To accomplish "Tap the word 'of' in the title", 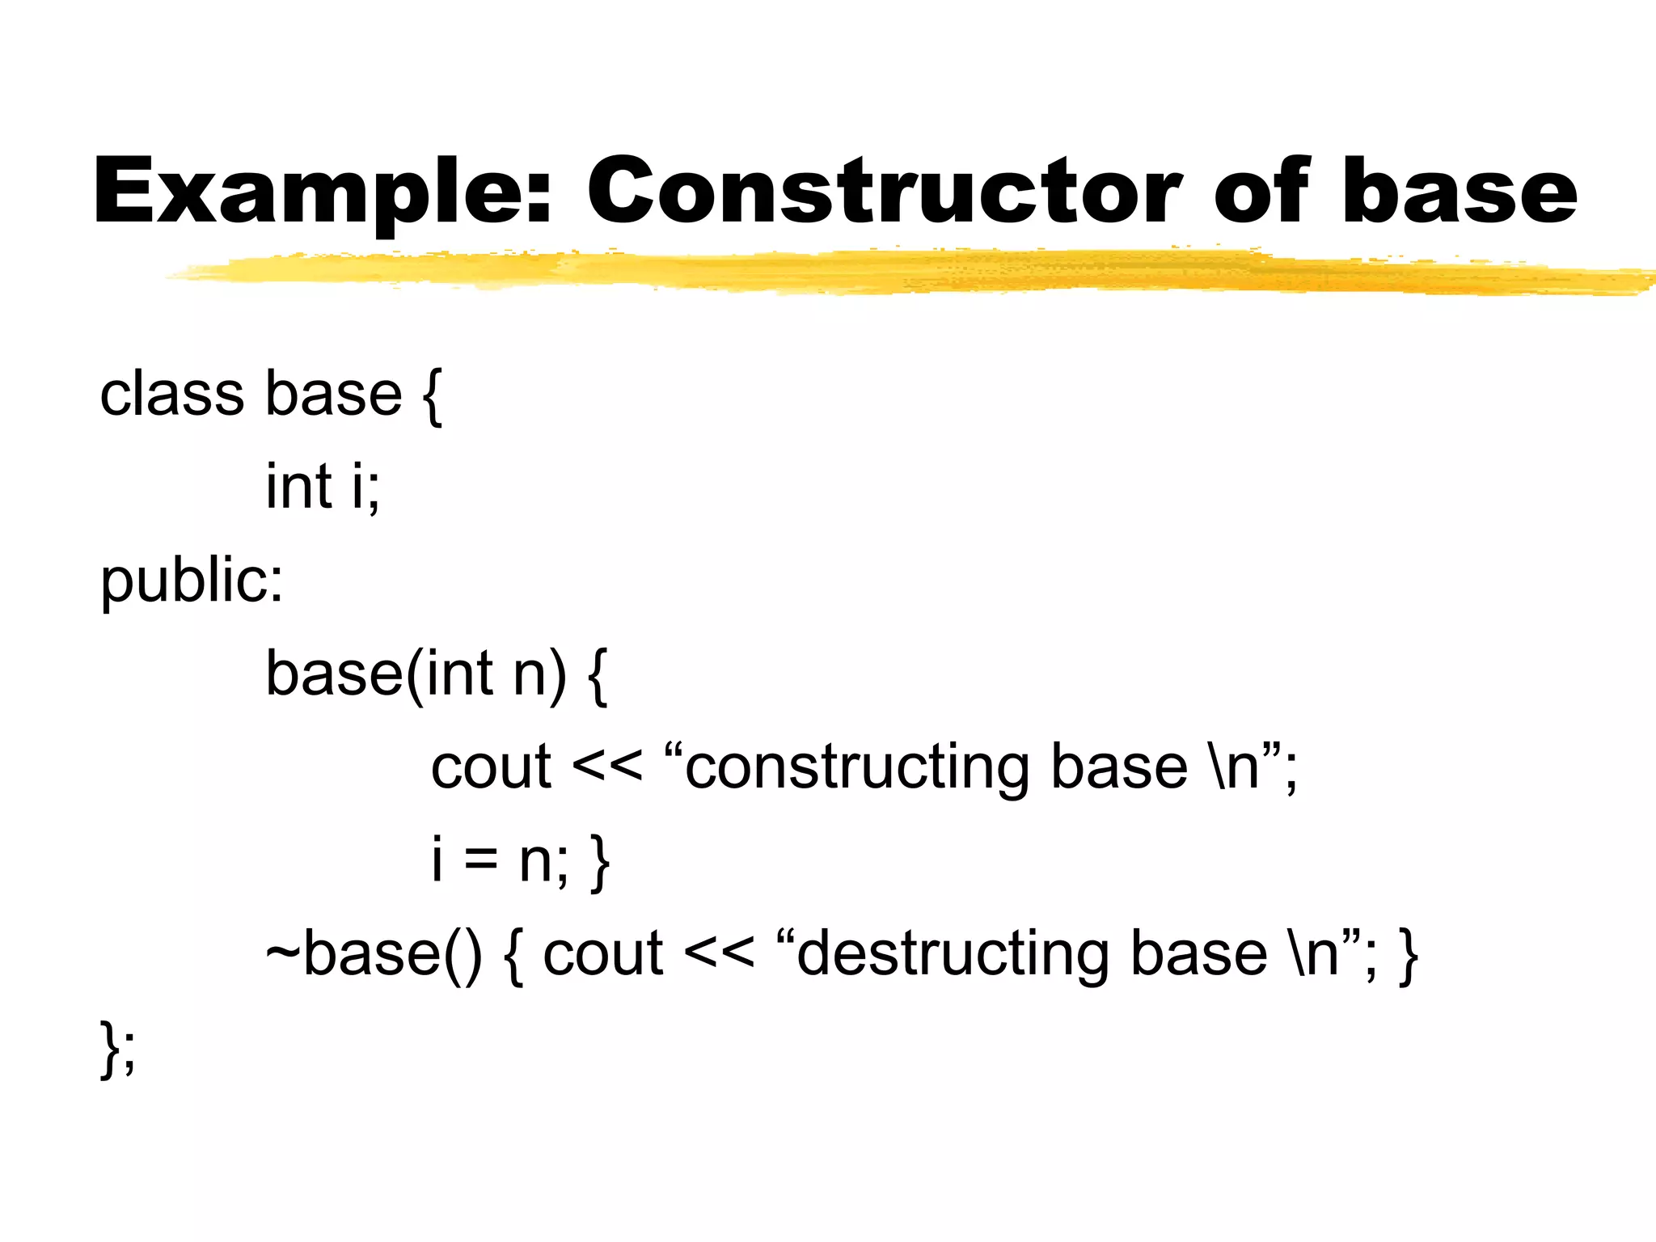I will (1261, 191).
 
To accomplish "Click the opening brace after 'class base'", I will (432, 396).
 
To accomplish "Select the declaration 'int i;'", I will (323, 487).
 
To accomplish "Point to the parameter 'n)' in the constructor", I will (540, 675).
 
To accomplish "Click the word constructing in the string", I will (857, 767).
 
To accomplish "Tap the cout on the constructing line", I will (491, 767).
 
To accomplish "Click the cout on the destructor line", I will (602, 954).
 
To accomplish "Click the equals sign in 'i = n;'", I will (480, 860).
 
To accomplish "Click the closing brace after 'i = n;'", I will (600, 862).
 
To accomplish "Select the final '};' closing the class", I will (118, 1049).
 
